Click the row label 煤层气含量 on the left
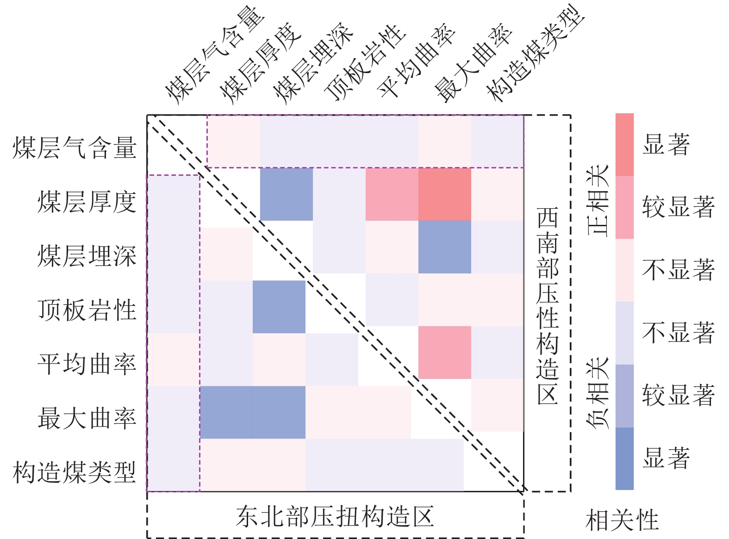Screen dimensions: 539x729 pyautogui.click(x=74, y=148)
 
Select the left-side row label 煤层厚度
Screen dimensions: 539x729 pyautogui.click(x=87, y=202)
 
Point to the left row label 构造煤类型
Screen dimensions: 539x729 pyautogui.click(x=74, y=472)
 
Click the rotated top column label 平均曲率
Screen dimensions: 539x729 pyautogui.click(x=416, y=60)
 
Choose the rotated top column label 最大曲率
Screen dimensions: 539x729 pyautogui.click(x=473, y=62)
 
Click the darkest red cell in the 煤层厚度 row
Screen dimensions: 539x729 pyautogui.click(x=444, y=194)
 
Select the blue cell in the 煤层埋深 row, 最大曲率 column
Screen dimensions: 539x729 pyautogui.click(x=444, y=247)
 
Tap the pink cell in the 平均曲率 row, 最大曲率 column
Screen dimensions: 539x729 pyautogui.click(x=444, y=352)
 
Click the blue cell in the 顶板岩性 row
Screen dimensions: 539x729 pyautogui.click(x=279, y=307)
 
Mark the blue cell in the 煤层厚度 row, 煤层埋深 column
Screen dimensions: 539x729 pyautogui.click(x=286, y=194)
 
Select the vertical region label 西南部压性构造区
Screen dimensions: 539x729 pyautogui.click(x=548, y=306)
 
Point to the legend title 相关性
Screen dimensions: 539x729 pyautogui.click(x=622, y=520)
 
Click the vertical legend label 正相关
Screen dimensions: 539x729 pyautogui.click(x=598, y=200)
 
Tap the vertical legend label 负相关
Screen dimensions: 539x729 pyautogui.click(x=598, y=393)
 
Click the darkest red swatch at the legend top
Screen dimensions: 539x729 pyautogui.click(x=624, y=144)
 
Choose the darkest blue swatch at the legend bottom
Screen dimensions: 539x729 pyautogui.click(x=624, y=458)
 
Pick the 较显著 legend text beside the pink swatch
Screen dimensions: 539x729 pyautogui.click(x=678, y=207)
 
